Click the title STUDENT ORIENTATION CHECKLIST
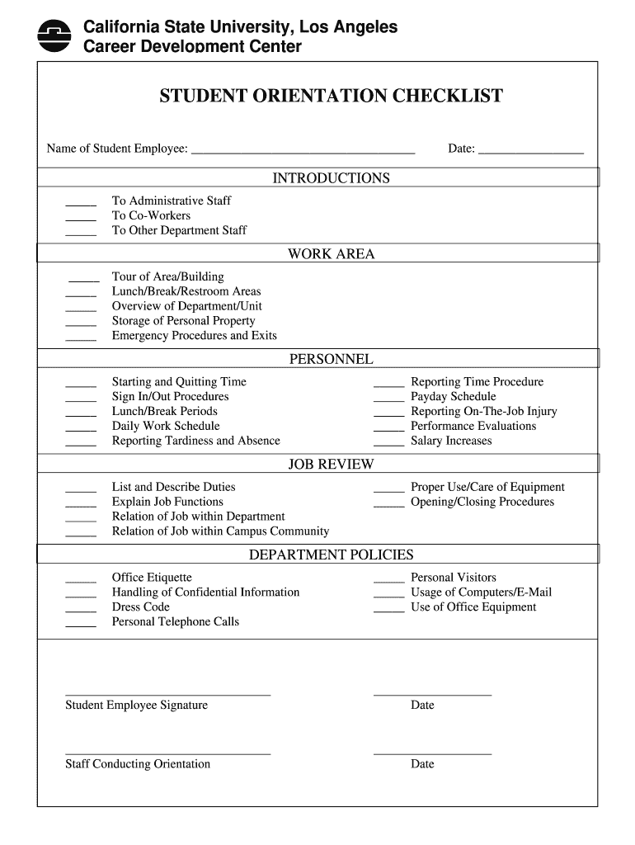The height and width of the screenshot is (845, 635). click(x=331, y=97)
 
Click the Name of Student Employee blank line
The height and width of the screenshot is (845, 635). click(x=303, y=151)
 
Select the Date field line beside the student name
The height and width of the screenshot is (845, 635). click(x=530, y=151)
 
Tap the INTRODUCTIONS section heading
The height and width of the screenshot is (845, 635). click(x=331, y=178)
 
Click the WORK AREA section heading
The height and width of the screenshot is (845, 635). click(x=331, y=254)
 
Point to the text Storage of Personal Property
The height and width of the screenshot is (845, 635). click(x=184, y=321)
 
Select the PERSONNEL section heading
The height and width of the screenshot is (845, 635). click(x=331, y=360)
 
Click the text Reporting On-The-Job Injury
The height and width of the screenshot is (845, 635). click(x=483, y=412)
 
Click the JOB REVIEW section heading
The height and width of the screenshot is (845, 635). click(x=331, y=465)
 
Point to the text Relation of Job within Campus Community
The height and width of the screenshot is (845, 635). click(x=220, y=531)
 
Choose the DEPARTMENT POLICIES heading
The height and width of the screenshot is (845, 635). click(x=331, y=555)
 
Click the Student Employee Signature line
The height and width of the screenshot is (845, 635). click(x=167, y=694)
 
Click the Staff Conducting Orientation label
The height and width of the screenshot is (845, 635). click(x=138, y=764)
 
